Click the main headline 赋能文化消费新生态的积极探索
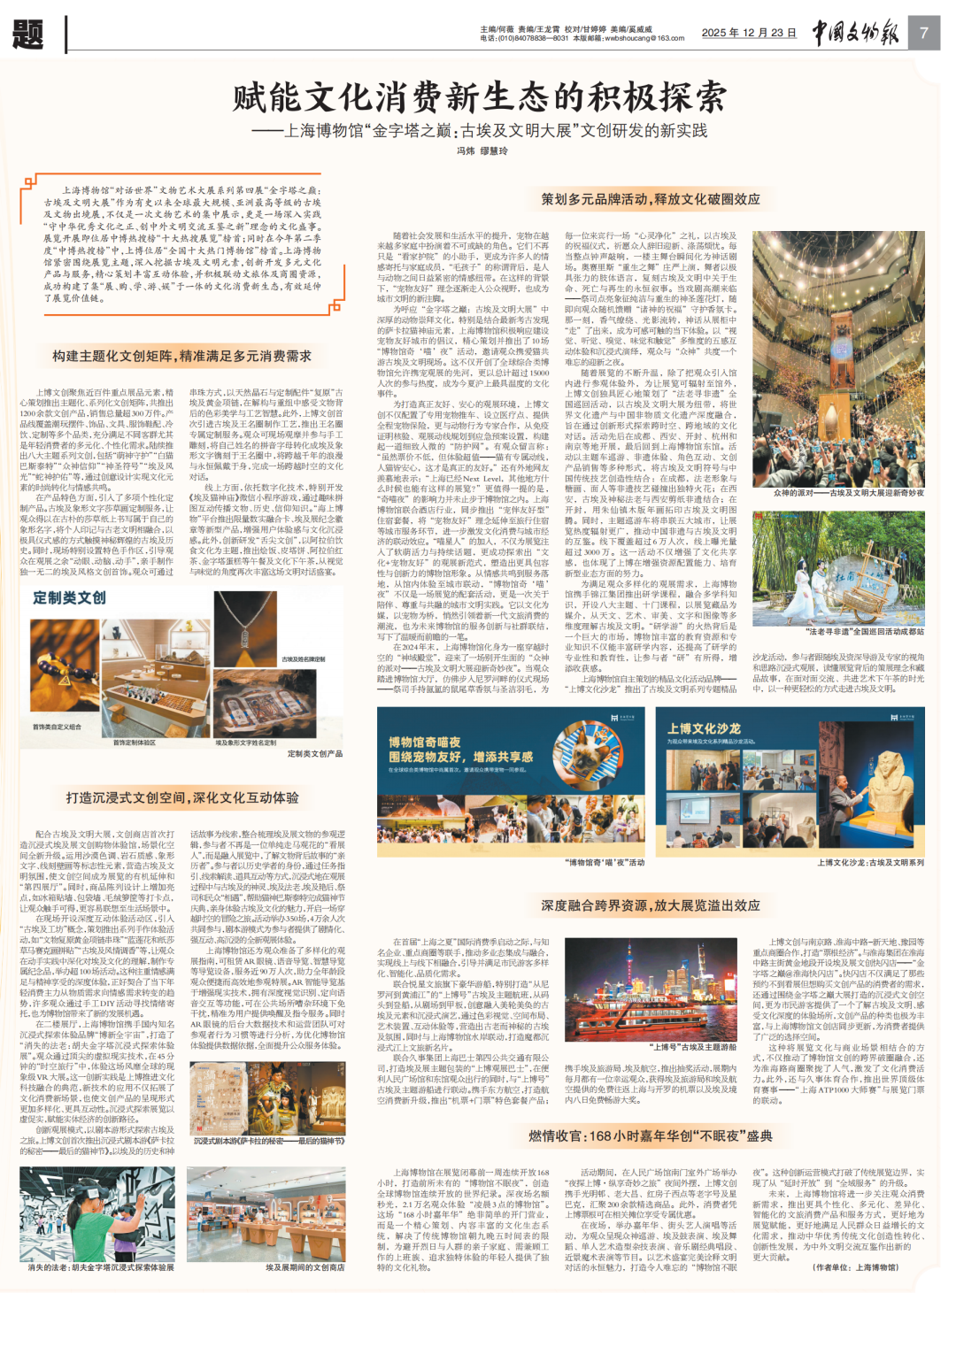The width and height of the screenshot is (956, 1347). click(479, 97)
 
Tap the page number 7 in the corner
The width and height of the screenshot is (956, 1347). click(923, 33)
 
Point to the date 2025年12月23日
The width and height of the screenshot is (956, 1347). click(749, 33)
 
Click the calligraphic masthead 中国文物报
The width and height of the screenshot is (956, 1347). click(855, 33)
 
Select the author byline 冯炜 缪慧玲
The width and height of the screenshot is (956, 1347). click(482, 151)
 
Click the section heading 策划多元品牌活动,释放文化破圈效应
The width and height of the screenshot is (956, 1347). click(651, 199)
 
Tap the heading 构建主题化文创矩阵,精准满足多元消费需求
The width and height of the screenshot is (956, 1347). click(181, 356)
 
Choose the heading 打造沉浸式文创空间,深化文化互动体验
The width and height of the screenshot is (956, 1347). click(181, 797)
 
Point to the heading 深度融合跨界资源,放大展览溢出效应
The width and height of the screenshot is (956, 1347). click(651, 905)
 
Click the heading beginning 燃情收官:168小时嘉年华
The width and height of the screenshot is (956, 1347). click(651, 1135)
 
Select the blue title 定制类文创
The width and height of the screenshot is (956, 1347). click(69, 597)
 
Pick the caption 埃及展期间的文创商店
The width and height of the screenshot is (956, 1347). click(305, 1267)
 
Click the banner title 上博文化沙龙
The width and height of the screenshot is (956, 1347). click(704, 728)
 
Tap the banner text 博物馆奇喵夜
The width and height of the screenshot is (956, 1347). click(424, 743)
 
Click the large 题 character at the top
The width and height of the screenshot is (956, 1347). click(28, 34)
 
